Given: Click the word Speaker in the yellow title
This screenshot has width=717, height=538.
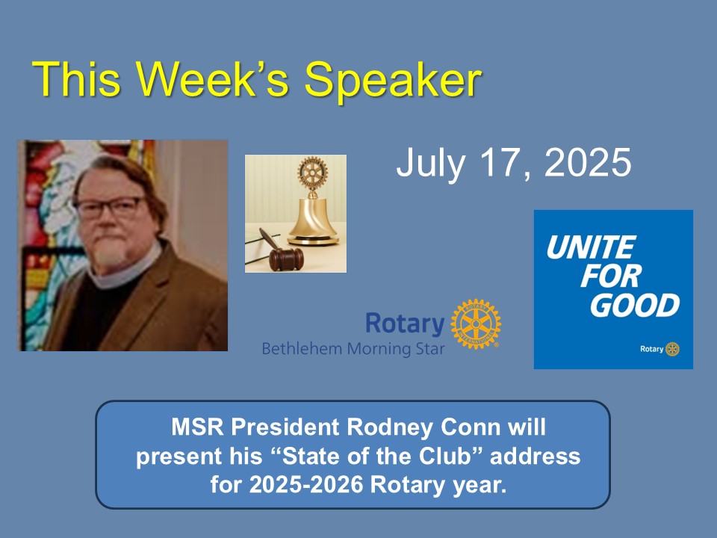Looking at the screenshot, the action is (x=393, y=81).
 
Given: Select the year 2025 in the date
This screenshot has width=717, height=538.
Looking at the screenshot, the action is (x=588, y=162).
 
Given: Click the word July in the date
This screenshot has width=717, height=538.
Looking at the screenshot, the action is (x=430, y=164).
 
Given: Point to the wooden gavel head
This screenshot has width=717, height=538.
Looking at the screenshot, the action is (x=286, y=259).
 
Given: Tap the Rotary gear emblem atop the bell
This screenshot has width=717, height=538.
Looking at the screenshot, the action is (x=313, y=173).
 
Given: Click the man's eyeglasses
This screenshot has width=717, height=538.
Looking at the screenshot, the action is (x=110, y=208).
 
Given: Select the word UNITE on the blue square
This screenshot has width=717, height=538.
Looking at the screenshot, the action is (x=592, y=247).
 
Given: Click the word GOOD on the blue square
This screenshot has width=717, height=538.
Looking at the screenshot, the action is (x=635, y=306).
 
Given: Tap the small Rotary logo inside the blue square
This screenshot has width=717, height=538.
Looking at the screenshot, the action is (x=659, y=349).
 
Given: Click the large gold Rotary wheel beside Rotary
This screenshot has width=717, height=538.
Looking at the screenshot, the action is (x=476, y=324).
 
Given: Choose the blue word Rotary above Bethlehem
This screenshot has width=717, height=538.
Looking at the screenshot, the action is (x=405, y=324).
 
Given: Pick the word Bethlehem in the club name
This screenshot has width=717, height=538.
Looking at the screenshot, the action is (x=302, y=349).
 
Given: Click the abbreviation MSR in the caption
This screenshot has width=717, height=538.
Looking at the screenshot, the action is (x=197, y=427).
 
